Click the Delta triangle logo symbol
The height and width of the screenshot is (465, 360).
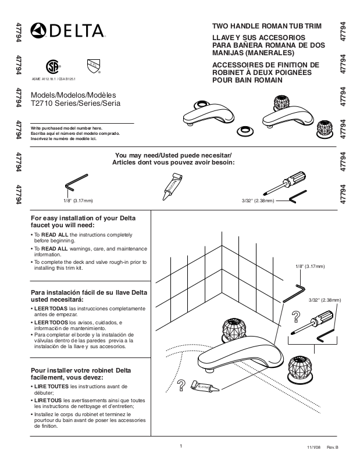point(38,30)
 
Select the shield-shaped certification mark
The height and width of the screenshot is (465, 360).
point(92,63)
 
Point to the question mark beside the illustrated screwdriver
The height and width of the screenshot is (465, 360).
point(296,317)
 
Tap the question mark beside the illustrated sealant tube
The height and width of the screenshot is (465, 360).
point(181,385)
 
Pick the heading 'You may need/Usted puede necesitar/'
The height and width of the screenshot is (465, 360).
point(173,155)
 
